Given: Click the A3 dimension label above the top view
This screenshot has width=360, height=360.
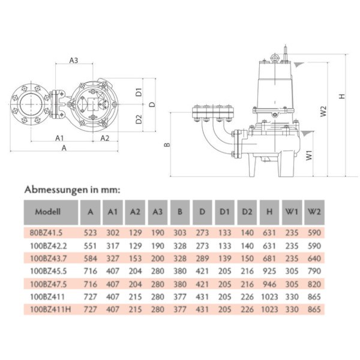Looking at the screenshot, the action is click(74, 61).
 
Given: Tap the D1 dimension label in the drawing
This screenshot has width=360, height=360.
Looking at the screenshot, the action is click(139, 92).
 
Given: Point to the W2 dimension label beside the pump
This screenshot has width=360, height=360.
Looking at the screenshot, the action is click(323, 111).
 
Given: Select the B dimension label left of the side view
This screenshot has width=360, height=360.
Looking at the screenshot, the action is click(167, 145).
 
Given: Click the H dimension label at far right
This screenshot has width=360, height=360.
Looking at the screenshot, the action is click(342, 96).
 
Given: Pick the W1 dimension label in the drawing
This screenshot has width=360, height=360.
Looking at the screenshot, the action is click(309, 155).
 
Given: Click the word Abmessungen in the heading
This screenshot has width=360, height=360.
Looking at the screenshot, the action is click(56, 190).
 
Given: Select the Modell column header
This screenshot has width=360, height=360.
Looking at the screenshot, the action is click(48, 212).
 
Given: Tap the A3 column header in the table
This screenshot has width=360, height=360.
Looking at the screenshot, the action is click(157, 212).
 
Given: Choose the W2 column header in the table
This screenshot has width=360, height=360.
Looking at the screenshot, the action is click(314, 212).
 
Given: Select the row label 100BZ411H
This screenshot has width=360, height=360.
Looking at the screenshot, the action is click(51, 310).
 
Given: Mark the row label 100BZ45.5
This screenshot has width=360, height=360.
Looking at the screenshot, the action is click(49, 271).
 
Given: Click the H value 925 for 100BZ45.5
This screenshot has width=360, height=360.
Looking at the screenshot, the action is click(269, 271).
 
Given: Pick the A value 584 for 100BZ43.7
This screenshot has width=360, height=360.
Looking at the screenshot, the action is click(90, 259).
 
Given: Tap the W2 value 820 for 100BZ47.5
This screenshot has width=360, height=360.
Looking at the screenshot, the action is click(314, 284).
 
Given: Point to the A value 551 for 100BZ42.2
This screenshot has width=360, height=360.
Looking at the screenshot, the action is click(90, 246).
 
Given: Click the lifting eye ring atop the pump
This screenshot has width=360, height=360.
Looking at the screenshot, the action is click(275, 57).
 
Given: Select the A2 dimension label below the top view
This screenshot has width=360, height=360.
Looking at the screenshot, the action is click(105, 138).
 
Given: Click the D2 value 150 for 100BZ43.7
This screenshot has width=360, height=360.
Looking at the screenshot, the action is click(247, 259).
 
